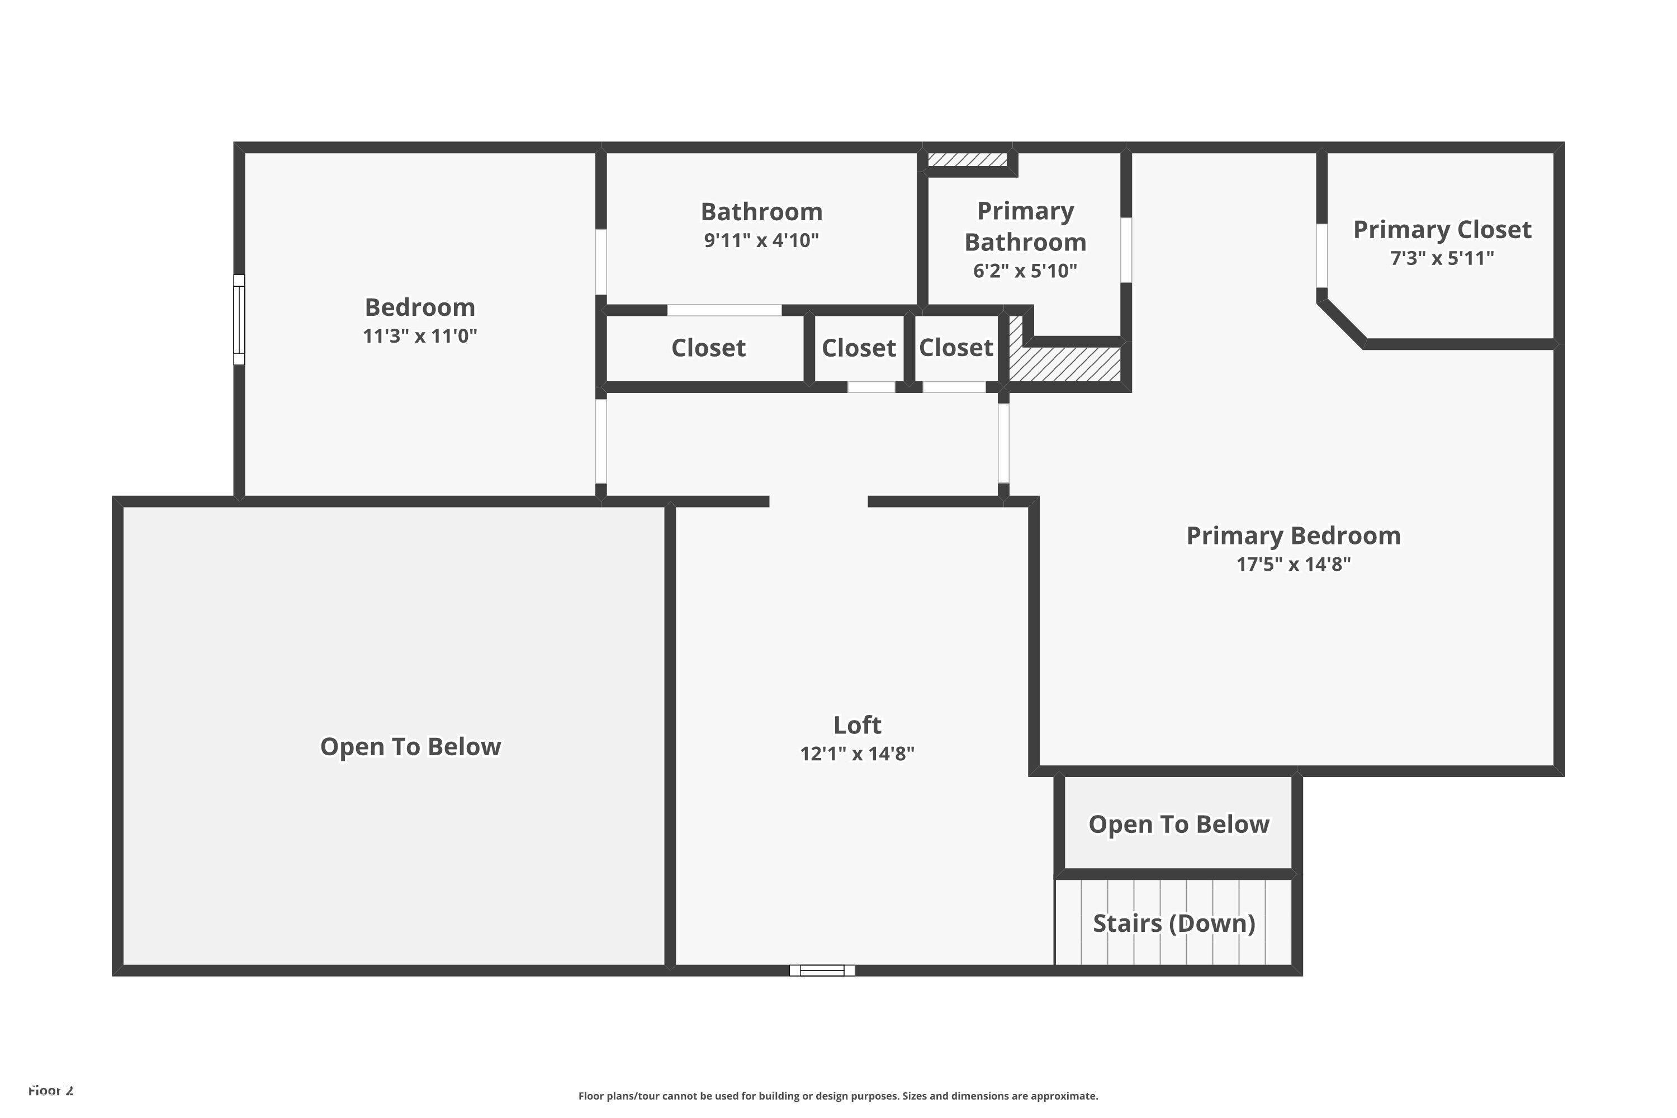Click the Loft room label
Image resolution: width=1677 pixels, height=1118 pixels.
click(857, 724)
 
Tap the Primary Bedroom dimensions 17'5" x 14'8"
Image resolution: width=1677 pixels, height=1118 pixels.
click(1294, 564)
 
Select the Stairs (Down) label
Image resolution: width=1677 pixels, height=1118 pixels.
click(1173, 923)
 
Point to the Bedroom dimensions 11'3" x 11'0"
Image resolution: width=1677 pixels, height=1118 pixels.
click(420, 336)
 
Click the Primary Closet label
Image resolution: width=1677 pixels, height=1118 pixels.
click(1442, 230)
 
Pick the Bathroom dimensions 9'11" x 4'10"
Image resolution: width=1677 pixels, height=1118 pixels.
click(761, 240)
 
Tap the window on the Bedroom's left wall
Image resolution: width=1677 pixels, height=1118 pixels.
click(240, 320)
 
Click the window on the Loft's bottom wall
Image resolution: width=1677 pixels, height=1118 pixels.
click(822, 970)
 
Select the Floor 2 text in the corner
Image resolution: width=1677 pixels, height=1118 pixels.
click(51, 1090)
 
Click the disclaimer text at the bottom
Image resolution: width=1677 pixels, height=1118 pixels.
click(838, 1096)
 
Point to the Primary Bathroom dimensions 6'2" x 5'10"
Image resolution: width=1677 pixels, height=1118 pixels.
click(1025, 271)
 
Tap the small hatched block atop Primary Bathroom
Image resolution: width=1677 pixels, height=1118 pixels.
click(968, 159)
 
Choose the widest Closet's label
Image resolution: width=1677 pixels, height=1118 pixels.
click(708, 348)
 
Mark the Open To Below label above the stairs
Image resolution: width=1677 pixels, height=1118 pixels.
click(1178, 824)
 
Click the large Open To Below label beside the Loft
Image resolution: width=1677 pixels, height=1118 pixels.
click(411, 746)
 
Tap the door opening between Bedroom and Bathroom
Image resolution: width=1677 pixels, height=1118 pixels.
click(601, 262)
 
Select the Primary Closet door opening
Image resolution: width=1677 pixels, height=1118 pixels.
click(1321, 255)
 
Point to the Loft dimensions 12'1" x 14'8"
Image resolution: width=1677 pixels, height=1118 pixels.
click(857, 754)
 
